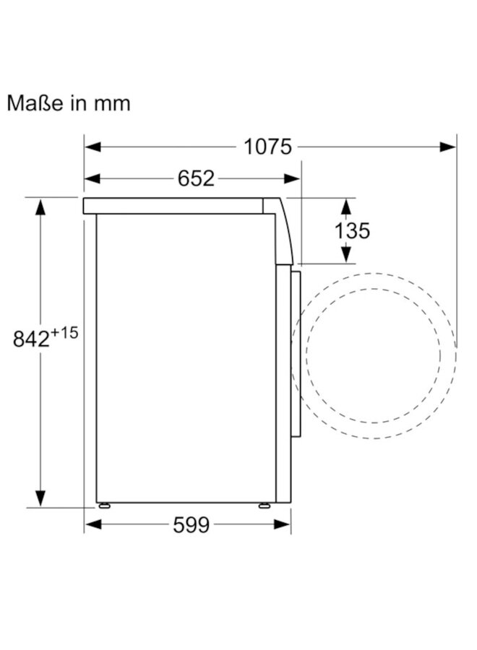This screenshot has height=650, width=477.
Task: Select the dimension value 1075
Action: (x=267, y=147)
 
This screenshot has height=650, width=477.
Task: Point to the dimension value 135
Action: (x=352, y=230)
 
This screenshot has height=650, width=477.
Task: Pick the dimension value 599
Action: (x=191, y=526)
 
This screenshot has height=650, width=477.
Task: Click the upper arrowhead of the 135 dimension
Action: (x=346, y=207)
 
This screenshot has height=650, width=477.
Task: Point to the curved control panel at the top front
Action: (x=284, y=231)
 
